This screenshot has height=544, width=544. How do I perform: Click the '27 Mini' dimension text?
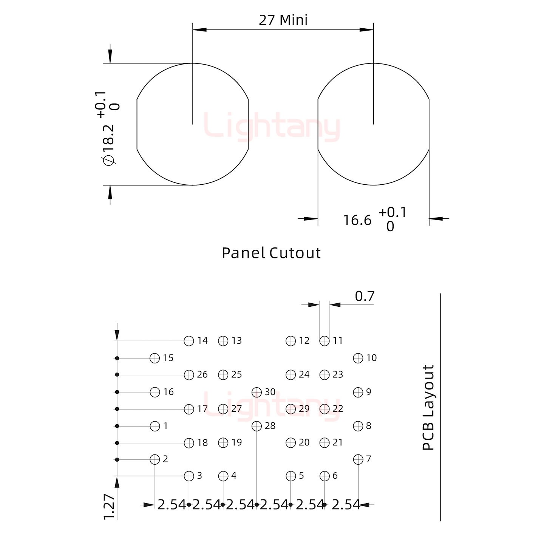click(x=283, y=20)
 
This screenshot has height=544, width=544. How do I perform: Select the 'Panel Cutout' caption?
click(x=271, y=253)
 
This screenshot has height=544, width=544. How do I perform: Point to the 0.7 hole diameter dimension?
click(x=365, y=296)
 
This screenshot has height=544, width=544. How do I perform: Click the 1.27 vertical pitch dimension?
click(x=109, y=506)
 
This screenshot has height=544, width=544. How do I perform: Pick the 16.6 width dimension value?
click(x=357, y=220)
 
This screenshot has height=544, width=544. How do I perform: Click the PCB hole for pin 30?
click(x=257, y=392)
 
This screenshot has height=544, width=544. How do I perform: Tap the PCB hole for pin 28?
click(x=257, y=426)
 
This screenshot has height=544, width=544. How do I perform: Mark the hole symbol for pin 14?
click(x=189, y=341)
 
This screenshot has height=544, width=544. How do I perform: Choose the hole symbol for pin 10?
click(x=358, y=358)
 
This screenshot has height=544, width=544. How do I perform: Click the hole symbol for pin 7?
click(x=358, y=459)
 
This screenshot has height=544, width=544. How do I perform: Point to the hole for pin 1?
click(x=155, y=426)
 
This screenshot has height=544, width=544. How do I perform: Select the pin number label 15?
click(x=168, y=358)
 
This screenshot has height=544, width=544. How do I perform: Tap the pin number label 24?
click(x=304, y=374)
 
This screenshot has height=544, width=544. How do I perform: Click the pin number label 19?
click(x=236, y=442)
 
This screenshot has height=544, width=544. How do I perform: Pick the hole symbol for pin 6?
click(x=325, y=476)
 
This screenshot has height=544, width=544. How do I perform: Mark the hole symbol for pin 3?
click(x=189, y=476)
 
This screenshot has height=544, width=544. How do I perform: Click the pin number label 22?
click(x=338, y=408)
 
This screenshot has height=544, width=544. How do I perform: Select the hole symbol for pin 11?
click(x=325, y=341)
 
